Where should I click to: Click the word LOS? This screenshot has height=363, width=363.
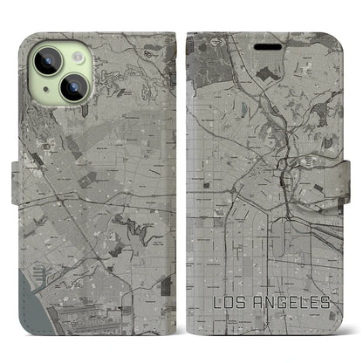[231, 303]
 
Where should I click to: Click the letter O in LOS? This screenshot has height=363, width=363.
[230, 303]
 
